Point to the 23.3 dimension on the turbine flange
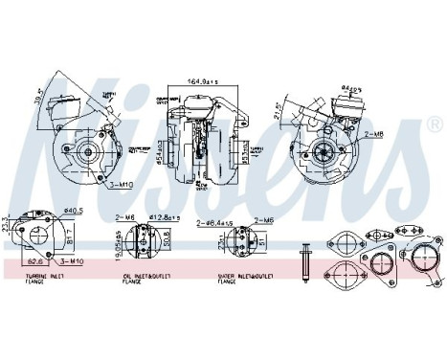[7, 226]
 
